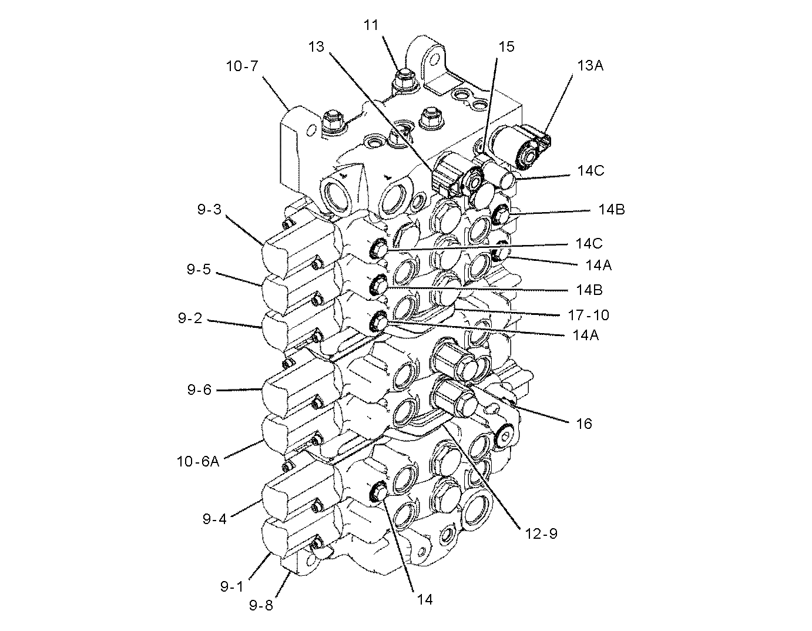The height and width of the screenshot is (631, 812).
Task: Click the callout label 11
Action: pyautogui.click(x=371, y=25)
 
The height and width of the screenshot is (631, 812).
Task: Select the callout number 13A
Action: pyautogui.click(x=590, y=65)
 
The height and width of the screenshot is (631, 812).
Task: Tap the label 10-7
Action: pyautogui.click(x=241, y=66)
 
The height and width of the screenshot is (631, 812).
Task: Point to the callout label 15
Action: pyautogui.click(x=506, y=47)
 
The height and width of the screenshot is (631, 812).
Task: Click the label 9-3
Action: pyautogui.click(x=209, y=209)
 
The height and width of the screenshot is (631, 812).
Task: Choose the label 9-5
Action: pyautogui.click(x=199, y=270)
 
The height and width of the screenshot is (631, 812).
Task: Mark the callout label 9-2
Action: pyautogui.click(x=190, y=318)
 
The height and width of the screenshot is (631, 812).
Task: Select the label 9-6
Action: pyautogui.click(x=199, y=389)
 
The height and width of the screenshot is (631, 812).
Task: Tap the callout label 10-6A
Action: pyautogui.click(x=198, y=461)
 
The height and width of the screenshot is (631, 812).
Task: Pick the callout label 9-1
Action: pyautogui.click(x=232, y=586)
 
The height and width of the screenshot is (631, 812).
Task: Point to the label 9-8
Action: pyautogui.click(x=261, y=605)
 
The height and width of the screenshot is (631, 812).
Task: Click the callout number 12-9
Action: pyautogui.click(x=540, y=533)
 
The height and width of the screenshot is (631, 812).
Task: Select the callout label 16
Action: pyautogui.click(x=583, y=423)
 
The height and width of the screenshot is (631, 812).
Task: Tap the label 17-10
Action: pyautogui.click(x=588, y=315)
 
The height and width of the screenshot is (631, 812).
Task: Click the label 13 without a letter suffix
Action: pyautogui.click(x=316, y=46)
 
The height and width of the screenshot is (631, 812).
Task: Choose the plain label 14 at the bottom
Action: pyautogui.click(x=425, y=599)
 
